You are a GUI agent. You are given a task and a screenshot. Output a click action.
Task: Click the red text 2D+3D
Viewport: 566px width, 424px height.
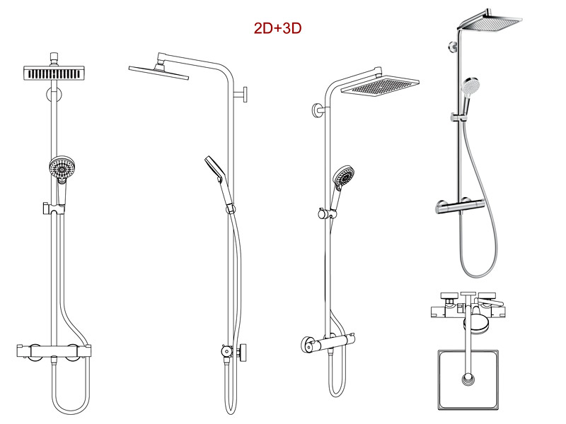point(277,28)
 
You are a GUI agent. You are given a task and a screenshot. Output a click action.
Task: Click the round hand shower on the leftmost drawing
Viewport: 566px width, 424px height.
point(62,167)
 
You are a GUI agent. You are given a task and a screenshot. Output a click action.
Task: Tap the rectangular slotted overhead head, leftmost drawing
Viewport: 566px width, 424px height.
point(54,73)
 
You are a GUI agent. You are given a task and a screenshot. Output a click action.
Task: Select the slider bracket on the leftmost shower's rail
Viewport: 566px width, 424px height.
point(54,208)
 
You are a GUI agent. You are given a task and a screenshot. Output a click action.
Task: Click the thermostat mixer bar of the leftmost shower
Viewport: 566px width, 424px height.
point(54,351)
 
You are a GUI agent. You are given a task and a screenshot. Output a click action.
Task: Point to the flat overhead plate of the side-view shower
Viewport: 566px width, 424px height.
point(158,72)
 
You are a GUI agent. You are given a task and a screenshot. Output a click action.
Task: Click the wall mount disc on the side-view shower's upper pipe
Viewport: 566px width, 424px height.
point(245,95)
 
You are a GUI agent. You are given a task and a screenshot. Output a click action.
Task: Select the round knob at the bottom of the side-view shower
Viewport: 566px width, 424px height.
point(243,351)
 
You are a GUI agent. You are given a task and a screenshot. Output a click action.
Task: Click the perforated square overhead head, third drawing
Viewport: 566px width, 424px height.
point(380,86)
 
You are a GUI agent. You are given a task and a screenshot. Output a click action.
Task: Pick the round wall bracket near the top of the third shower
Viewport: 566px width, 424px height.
point(317,110)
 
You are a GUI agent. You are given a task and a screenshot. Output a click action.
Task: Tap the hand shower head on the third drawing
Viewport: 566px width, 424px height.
point(344,177)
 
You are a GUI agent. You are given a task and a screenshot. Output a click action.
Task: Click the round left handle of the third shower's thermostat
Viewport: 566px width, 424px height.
point(307,345)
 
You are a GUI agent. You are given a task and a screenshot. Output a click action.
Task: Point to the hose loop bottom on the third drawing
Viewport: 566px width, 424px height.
point(337,393)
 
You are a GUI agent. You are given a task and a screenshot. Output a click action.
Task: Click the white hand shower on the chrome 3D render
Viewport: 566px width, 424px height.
point(470,87)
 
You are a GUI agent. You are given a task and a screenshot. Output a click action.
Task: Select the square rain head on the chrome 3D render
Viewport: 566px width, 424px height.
point(490,23)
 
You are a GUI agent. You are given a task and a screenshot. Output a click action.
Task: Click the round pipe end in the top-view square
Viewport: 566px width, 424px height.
point(468,379)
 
